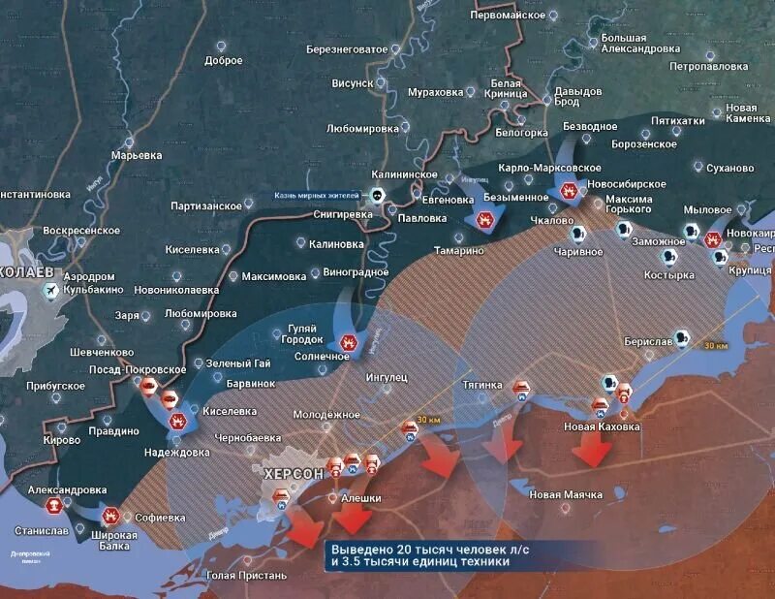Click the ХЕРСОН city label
(x=294, y=474)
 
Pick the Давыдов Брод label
(x=578, y=96)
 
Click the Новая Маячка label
(x=566, y=494)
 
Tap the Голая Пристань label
(x=247, y=576)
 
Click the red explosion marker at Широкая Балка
(x=111, y=516)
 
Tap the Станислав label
(x=42, y=531)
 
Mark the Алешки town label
(x=360, y=497)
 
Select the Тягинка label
(x=482, y=385)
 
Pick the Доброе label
(x=224, y=60)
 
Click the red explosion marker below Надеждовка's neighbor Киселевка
(x=177, y=422)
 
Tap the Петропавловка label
(x=709, y=66)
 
